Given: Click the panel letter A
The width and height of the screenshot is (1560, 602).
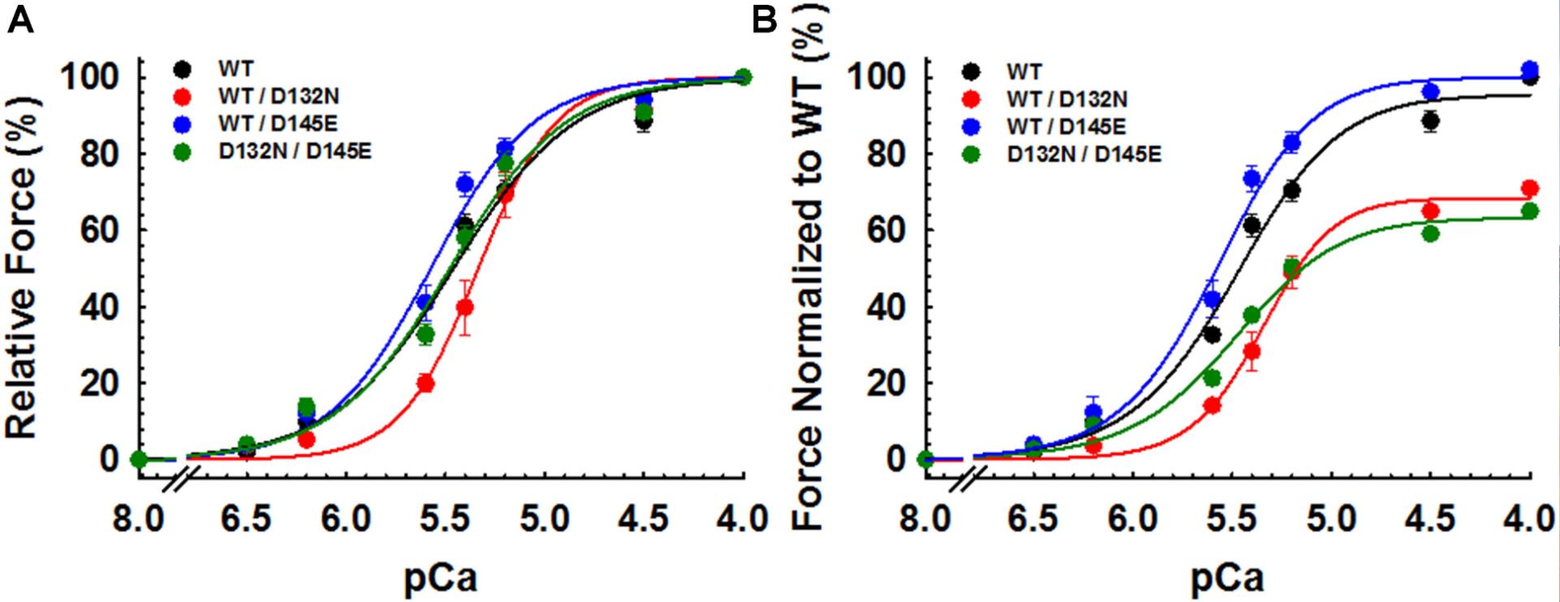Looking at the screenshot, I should (x=21, y=19).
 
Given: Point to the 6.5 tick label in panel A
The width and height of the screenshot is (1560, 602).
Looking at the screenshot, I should (x=246, y=518).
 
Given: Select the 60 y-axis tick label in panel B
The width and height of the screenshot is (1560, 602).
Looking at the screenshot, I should (x=884, y=230).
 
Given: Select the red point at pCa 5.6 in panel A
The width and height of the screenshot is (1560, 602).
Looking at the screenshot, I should (x=426, y=384).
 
